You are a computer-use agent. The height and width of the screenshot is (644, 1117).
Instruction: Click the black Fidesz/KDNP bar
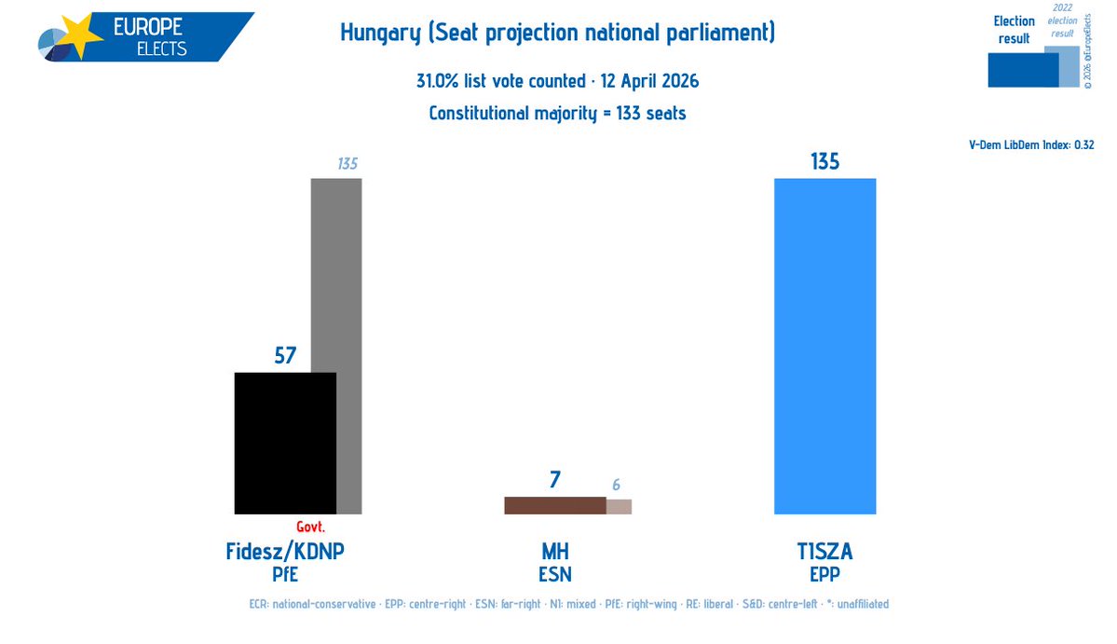[285, 443]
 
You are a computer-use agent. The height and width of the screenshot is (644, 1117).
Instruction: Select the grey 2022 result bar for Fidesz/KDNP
[347, 280]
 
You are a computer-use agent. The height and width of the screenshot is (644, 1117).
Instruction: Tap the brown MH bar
[554, 505]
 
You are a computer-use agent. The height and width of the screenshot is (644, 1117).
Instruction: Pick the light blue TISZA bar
[824, 346]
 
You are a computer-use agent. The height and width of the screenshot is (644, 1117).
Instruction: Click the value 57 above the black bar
[285, 355]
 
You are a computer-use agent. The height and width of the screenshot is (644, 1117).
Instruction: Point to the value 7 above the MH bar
[555, 480]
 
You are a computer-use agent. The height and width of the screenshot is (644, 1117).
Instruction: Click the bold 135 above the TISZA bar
[824, 161]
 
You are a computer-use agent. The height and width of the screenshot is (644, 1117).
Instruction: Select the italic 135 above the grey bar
[347, 165]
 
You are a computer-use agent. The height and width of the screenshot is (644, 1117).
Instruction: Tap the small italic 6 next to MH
[617, 486]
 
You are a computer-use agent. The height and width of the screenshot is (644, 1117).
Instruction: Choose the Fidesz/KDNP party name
[285, 552]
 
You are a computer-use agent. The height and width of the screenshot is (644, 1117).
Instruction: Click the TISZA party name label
[824, 552]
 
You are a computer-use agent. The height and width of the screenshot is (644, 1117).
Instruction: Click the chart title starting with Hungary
[557, 35]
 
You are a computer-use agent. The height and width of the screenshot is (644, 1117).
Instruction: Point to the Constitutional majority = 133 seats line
[557, 114]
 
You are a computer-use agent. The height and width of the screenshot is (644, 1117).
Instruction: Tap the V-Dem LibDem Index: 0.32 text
[1031, 145]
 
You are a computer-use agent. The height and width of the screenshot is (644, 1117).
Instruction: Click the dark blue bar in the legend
[1022, 70]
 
